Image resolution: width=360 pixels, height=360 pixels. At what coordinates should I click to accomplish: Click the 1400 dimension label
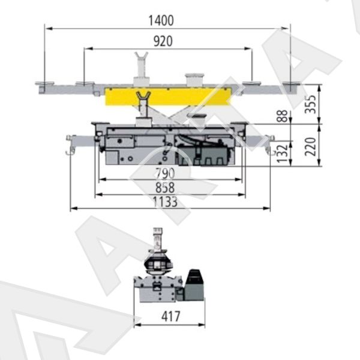tap(161, 20)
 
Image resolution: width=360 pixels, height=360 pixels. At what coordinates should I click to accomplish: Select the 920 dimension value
tap(163, 41)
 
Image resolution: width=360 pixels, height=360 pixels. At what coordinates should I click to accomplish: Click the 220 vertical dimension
tap(310, 146)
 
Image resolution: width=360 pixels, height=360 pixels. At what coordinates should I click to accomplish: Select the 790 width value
tap(165, 173)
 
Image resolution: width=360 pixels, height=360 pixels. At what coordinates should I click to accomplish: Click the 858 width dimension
tap(165, 188)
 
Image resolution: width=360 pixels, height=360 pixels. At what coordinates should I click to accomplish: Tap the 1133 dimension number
tap(165, 202)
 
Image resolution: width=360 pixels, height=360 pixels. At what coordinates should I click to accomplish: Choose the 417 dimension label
tap(170, 317)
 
